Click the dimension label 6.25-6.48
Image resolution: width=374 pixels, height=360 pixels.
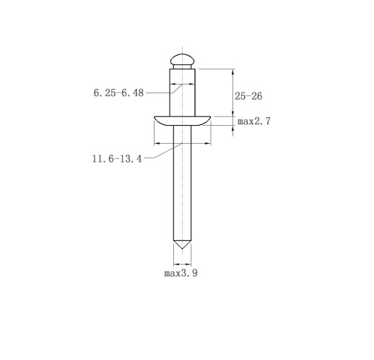pyautogui.click(x=118, y=93)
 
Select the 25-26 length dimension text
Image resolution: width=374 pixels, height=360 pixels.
pyautogui.click(x=248, y=96)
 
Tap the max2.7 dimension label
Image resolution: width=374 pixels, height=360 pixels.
pyautogui.click(x=254, y=121)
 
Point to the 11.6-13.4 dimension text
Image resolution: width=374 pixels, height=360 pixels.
pyautogui.click(x=117, y=158)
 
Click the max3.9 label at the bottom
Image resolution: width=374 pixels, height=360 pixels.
pyautogui.click(x=181, y=273)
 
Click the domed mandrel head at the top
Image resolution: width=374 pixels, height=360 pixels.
pyautogui.click(x=182, y=59)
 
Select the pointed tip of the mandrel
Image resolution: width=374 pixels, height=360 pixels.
pyautogui.click(x=182, y=249)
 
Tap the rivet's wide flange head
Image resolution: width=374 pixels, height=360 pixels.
pyautogui.click(x=182, y=121)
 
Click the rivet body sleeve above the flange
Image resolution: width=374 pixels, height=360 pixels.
pyautogui.click(x=182, y=93)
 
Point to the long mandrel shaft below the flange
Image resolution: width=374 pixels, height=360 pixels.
pyautogui.click(x=182, y=183)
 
